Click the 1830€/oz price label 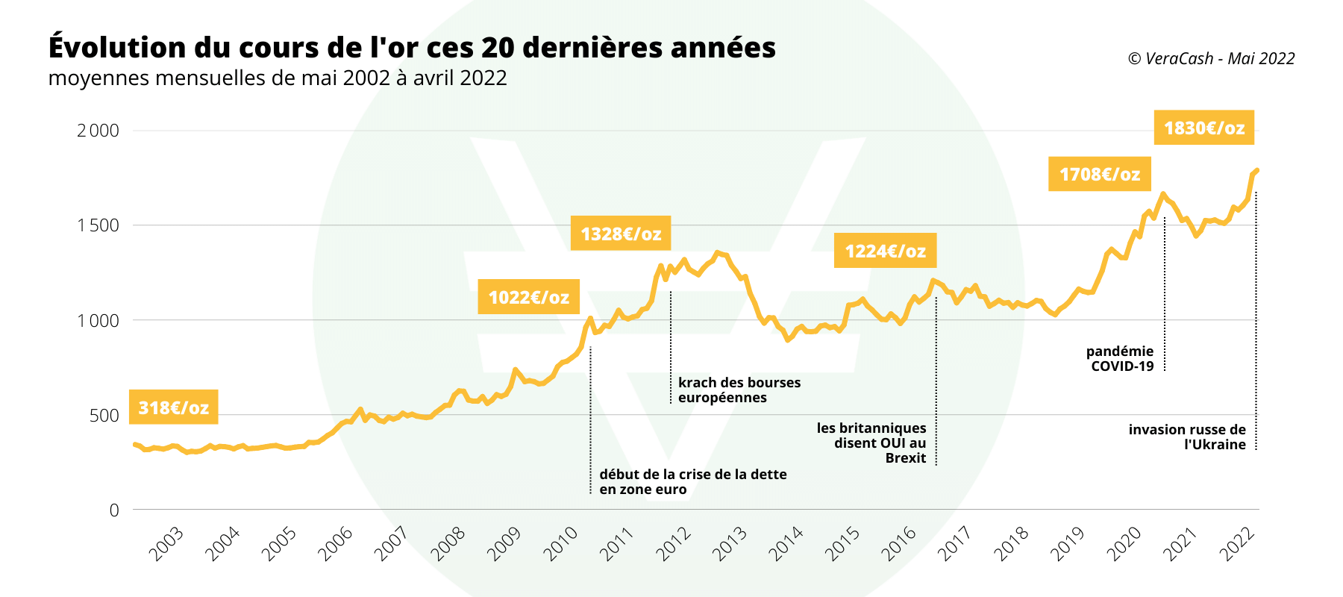(1203, 128)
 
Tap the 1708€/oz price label (1099, 174)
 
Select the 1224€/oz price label (885, 251)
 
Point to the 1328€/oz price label (621, 234)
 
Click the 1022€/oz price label (528, 297)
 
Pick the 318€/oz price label (173, 407)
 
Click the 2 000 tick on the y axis (98, 131)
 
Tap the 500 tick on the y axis (104, 416)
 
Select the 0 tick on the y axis (114, 510)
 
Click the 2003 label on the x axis (166, 544)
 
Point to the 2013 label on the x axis (729, 544)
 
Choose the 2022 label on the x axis (1236, 544)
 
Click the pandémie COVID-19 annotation (1120, 358)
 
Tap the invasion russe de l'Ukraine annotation (1187, 437)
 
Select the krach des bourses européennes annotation (739, 390)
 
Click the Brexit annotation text (871, 443)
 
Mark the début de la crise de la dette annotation (692, 481)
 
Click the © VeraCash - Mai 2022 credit (1211, 58)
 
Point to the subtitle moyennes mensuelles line (278, 78)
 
